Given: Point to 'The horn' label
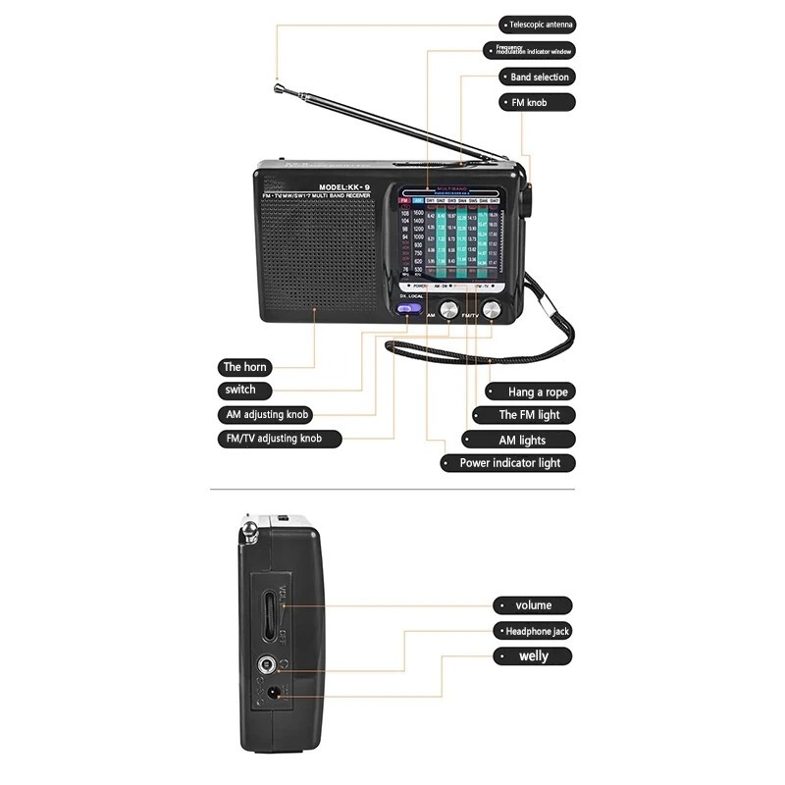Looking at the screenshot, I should point(243,367).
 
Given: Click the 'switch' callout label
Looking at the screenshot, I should point(240,390).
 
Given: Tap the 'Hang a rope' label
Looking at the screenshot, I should point(536,392).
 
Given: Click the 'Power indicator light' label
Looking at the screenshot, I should point(509,463).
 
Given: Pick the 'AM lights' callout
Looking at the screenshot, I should point(520,441).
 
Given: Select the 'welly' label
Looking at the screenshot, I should point(533,656).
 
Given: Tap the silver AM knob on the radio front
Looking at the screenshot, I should point(448,310).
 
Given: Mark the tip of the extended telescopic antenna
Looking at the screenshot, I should point(278,85).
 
